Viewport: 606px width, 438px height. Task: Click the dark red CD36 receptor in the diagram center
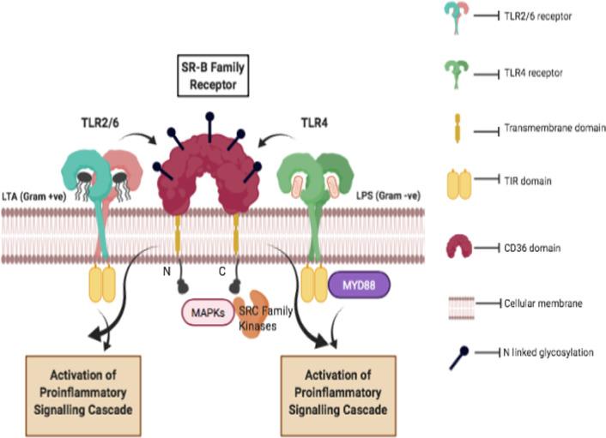tap(206, 176)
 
